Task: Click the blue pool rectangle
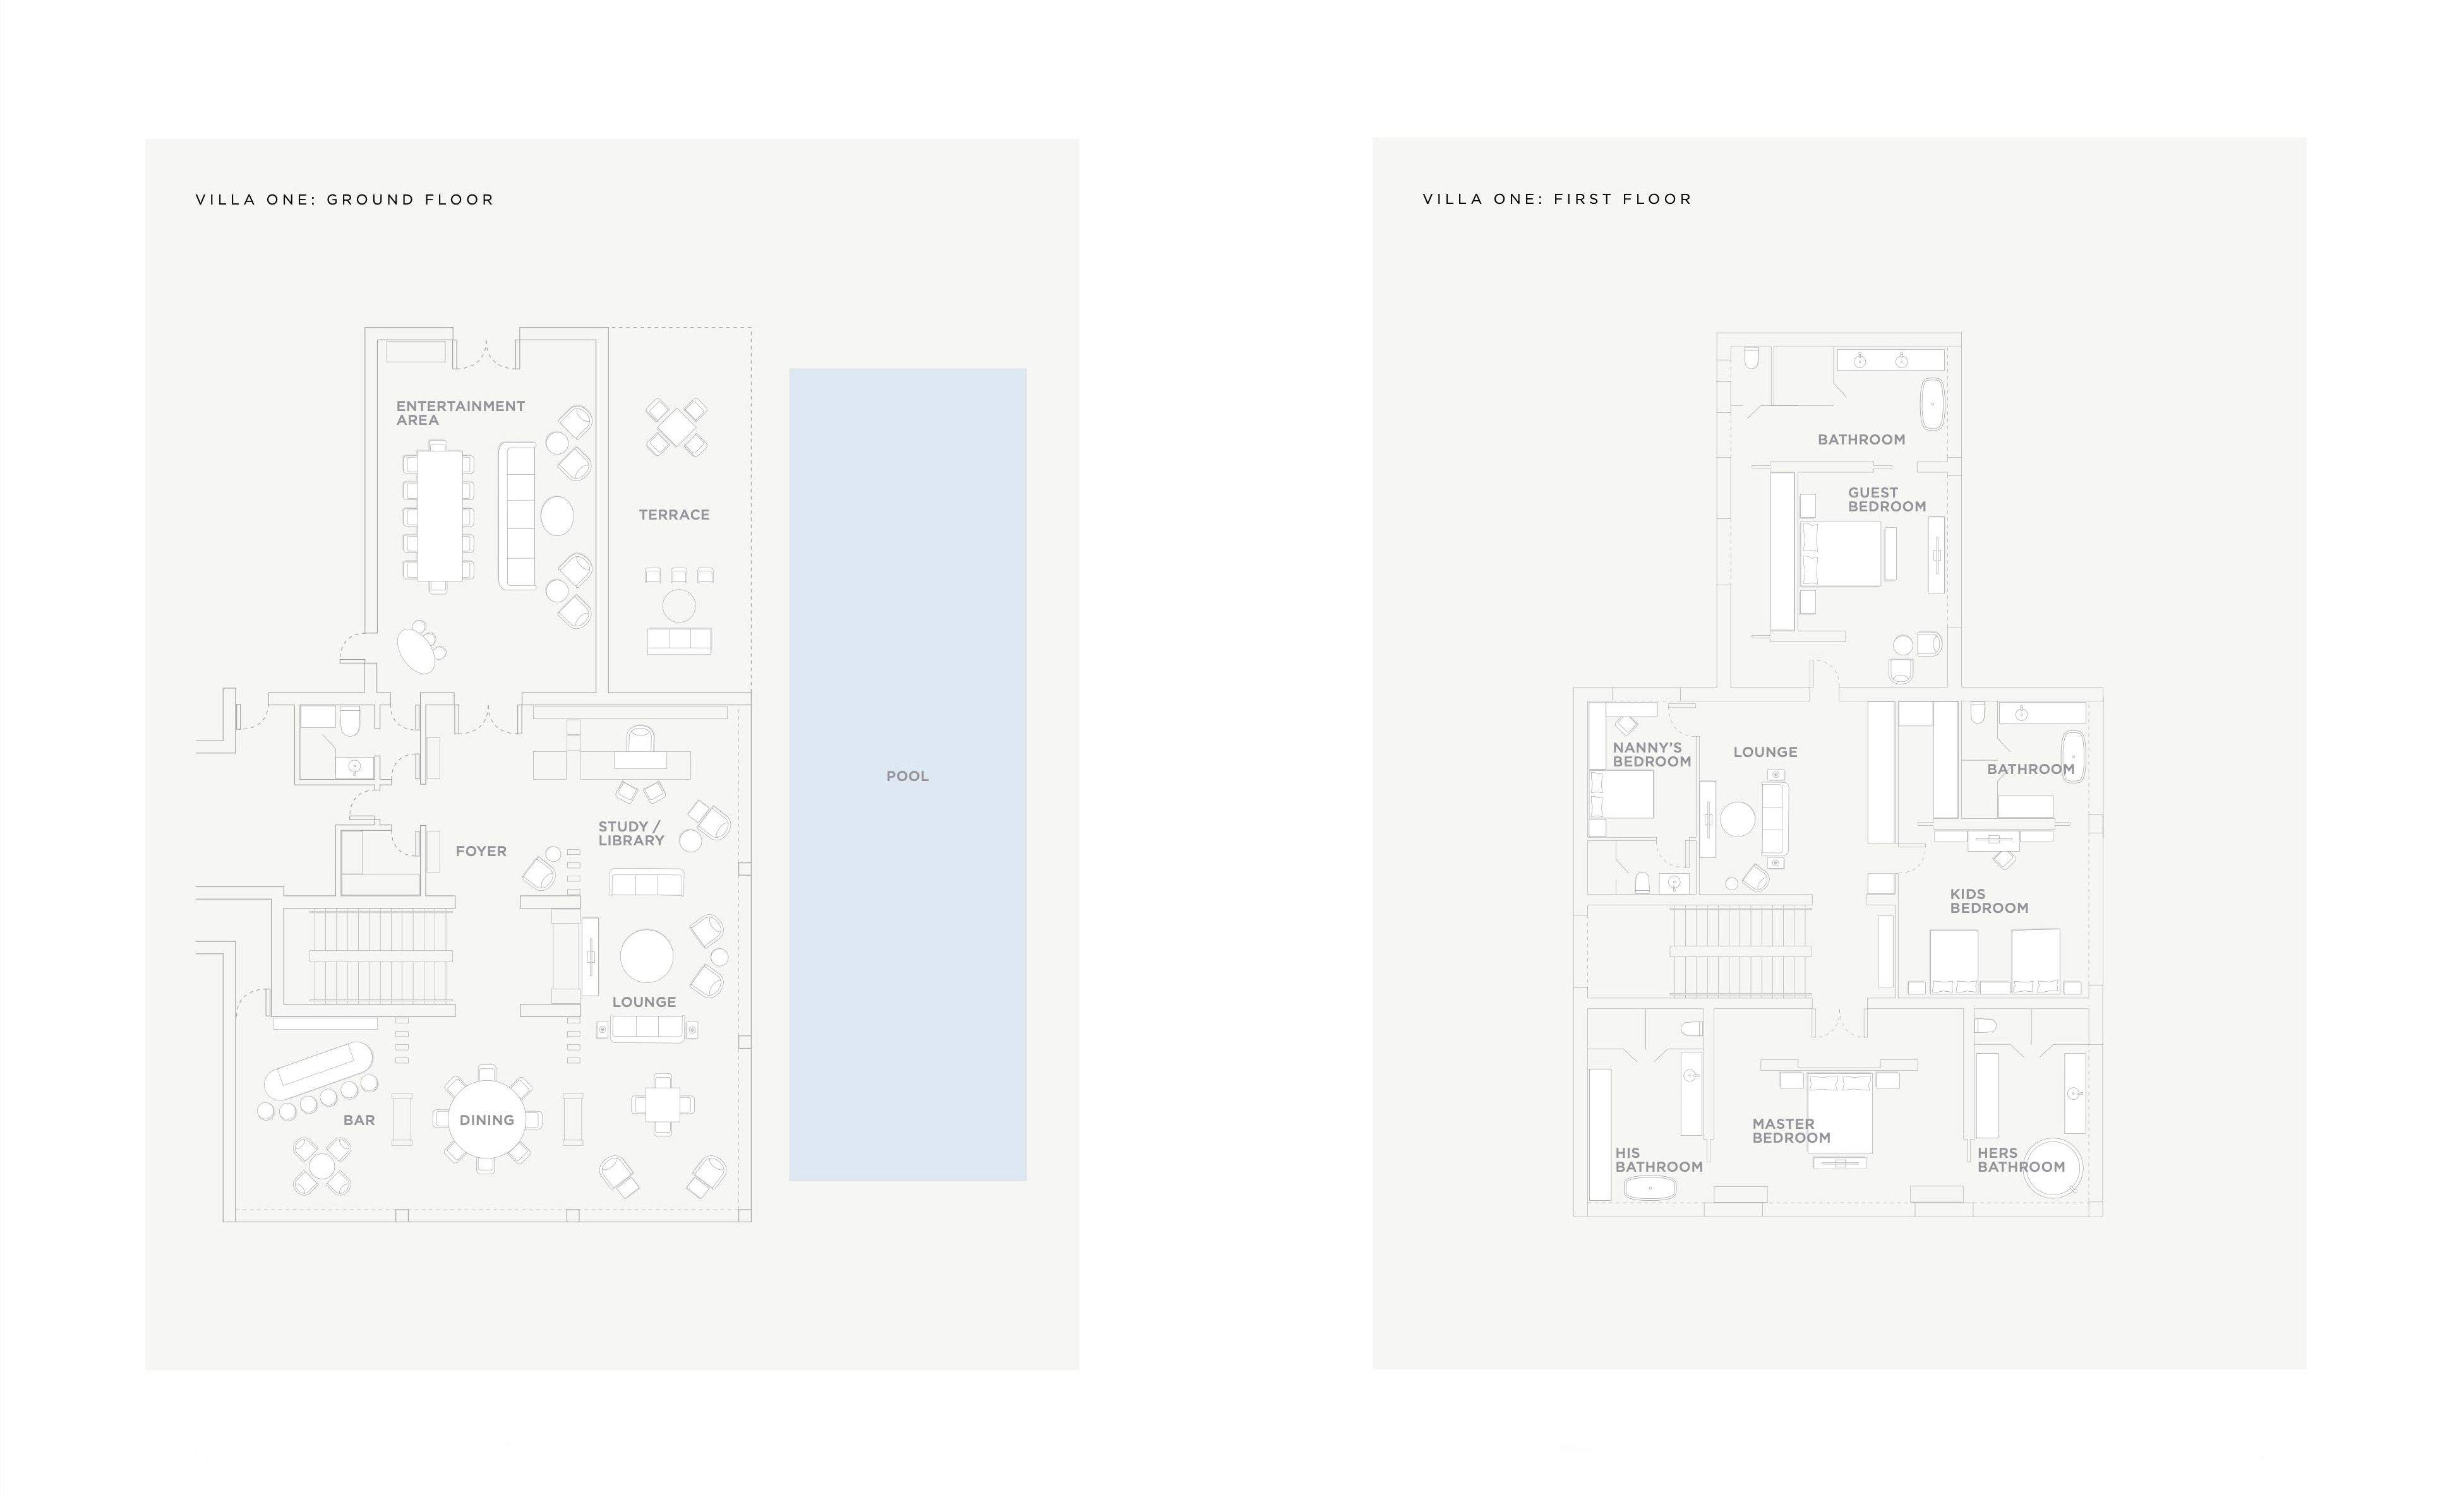[x=907, y=774]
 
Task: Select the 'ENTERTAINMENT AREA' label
[x=460, y=413]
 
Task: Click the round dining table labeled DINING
[x=486, y=1120]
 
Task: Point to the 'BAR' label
[x=359, y=1120]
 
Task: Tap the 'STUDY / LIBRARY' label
[x=631, y=833]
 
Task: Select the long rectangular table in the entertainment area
[x=439, y=516]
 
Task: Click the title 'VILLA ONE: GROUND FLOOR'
[x=345, y=199]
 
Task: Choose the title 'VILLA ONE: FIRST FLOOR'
[x=1558, y=199]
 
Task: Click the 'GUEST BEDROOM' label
[x=1887, y=499]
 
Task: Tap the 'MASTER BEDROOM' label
[x=1791, y=1131]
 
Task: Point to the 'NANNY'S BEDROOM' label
[x=1652, y=754]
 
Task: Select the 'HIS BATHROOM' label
[x=1659, y=1159]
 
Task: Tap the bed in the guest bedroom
[x=1841, y=554]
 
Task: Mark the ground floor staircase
[x=382, y=956]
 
